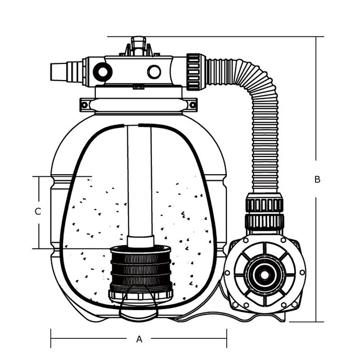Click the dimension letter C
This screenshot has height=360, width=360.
pos(38,211)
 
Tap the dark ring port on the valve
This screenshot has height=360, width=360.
pos(103,72)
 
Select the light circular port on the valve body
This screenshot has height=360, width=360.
pos(154,72)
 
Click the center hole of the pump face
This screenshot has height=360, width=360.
pos(264,273)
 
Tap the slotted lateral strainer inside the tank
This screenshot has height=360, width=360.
pos(141,270)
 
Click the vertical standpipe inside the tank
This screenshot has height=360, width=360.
pos(139,180)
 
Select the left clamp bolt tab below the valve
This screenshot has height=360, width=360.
pos(84,104)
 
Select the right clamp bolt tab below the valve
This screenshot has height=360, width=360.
pos(193,104)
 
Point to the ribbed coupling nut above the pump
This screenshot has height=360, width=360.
pos(265,211)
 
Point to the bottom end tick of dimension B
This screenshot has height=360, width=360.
pos(317,322)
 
